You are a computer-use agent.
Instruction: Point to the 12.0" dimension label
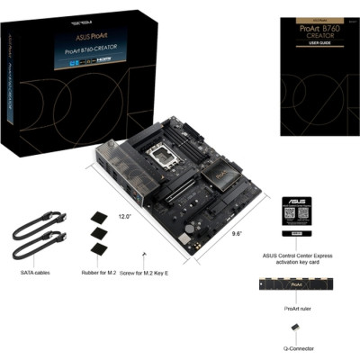125,218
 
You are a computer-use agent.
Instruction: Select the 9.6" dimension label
235,232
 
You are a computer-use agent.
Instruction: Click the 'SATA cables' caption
36,272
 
